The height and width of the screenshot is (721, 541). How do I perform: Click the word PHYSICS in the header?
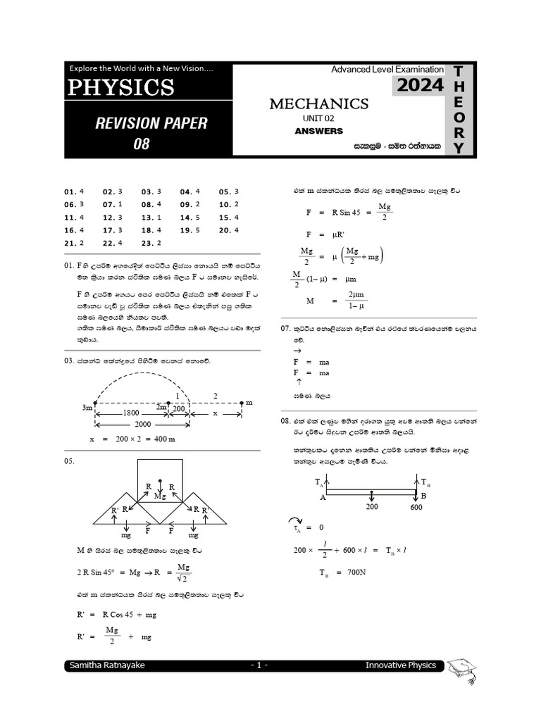pyautogui.click(x=121, y=87)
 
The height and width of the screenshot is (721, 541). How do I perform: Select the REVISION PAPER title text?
pyautogui.click(x=151, y=123)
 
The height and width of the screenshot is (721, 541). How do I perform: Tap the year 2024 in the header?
pyautogui.click(x=420, y=86)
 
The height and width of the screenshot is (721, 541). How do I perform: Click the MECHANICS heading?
pyautogui.click(x=319, y=104)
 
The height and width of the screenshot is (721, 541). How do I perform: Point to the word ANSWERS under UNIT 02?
pyautogui.click(x=319, y=131)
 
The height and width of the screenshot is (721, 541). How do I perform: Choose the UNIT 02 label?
pyautogui.click(x=319, y=118)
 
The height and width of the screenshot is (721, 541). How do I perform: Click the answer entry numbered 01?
pyautogui.click(x=74, y=192)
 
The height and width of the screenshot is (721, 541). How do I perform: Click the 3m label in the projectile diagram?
pyautogui.click(x=87, y=408)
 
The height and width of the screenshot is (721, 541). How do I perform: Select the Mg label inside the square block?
pyautogui.click(x=161, y=496)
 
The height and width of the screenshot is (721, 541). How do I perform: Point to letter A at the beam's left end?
pyautogui.click(x=323, y=497)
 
